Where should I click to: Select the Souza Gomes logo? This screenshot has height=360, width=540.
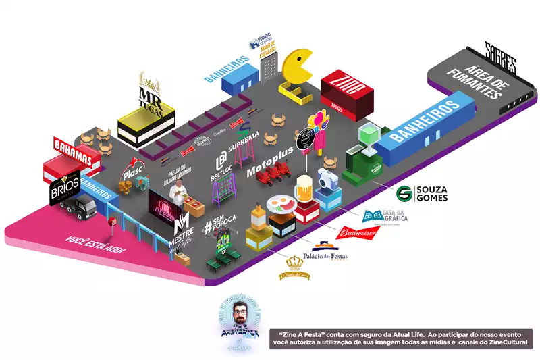[422, 193]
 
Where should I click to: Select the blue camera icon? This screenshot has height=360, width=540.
[329, 178]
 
